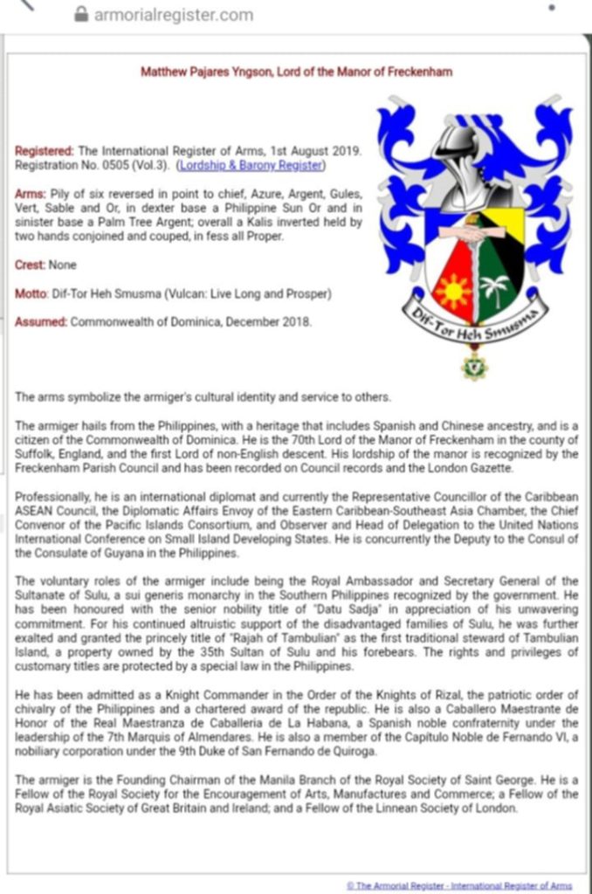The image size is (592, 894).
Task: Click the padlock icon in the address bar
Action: [83, 15]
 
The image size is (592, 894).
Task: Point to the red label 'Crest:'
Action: [32, 264]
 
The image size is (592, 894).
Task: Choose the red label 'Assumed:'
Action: [40, 322]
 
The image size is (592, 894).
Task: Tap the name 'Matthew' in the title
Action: [165, 72]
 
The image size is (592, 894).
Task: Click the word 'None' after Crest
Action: [64, 264]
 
